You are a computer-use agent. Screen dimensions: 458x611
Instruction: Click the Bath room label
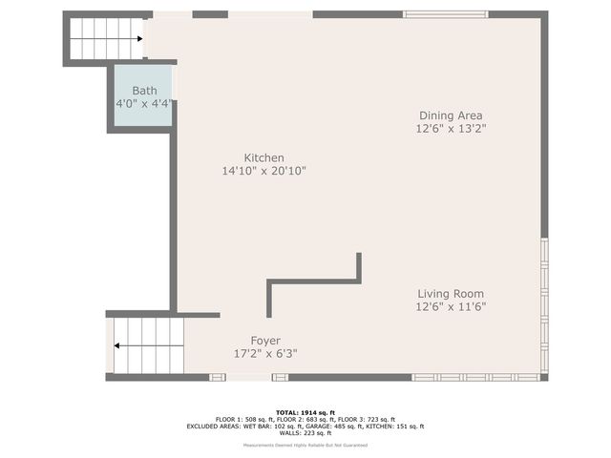(x=144, y=91)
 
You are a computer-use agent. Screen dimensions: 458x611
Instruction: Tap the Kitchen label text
(x=263, y=158)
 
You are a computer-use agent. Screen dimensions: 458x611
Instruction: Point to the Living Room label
(x=451, y=294)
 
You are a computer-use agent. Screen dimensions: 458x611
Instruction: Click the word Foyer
(x=265, y=341)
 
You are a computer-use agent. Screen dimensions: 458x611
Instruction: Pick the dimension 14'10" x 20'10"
(x=263, y=171)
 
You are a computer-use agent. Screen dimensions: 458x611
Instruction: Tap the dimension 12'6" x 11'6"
(x=451, y=306)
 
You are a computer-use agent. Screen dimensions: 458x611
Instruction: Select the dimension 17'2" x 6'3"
(x=265, y=353)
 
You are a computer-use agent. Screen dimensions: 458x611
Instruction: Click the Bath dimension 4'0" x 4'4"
(x=144, y=103)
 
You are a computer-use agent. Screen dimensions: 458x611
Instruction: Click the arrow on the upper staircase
(x=139, y=39)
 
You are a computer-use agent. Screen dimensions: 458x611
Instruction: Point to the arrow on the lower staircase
(x=116, y=346)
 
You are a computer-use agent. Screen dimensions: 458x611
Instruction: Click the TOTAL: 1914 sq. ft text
(x=305, y=411)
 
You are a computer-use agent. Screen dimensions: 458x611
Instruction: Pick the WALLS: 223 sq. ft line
(x=305, y=433)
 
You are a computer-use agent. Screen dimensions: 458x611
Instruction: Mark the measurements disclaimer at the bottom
(x=305, y=446)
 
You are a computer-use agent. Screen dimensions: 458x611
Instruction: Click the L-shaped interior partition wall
(x=315, y=281)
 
